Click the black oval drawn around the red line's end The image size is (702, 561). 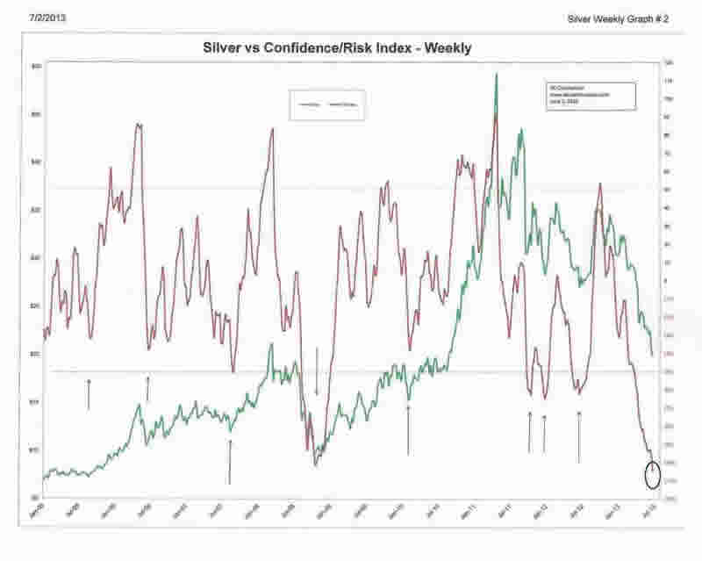pyautogui.click(x=651, y=475)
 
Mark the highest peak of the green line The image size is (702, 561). pyautogui.click(x=497, y=75)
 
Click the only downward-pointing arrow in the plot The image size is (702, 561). pyautogui.click(x=317, y=373)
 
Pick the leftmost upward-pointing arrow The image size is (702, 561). pyautogui.click(x=89, y=393)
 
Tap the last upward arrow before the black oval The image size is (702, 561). pyautogui.click(x=579, y=436)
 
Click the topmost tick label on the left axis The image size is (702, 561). pyautogui.click(x=36, y=67)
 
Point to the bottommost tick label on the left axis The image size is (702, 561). pyautogui.click(x=36, y=497)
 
